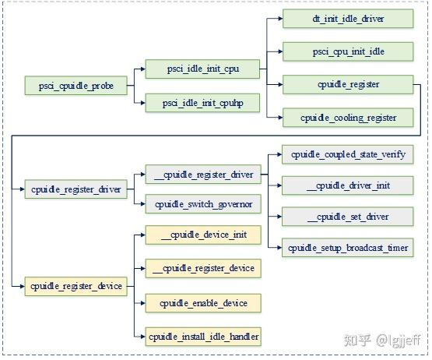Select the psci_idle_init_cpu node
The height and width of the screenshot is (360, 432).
coord(202,70)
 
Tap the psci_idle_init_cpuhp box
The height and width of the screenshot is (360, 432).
coord(202,102)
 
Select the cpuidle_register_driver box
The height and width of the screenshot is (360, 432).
coord(76,189)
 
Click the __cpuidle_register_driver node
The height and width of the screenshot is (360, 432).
coord(202,174)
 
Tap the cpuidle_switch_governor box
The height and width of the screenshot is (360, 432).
coord(202,205)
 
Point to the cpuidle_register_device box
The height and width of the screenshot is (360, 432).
coord(76,286)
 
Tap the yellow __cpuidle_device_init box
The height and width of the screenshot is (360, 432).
coord(202,235)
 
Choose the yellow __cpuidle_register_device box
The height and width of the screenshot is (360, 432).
coord(202,268)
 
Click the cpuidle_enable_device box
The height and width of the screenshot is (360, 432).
coord(202,302)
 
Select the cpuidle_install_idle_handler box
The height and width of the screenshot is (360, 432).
coord(202,337)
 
